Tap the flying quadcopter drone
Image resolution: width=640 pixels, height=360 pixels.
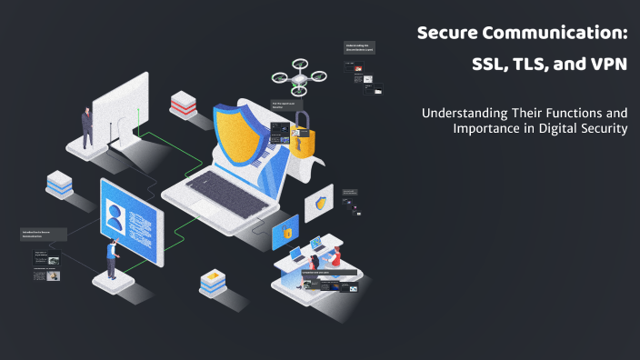tap(300, 77)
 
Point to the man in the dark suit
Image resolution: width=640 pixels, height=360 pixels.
tap(87, 126)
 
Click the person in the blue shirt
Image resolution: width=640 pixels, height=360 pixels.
tap(112, 257)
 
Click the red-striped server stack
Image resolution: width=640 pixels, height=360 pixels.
tap(183, 104)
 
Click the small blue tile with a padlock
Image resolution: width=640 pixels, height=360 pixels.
tap(286, 233)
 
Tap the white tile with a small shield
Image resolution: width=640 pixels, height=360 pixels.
tap(319, 204)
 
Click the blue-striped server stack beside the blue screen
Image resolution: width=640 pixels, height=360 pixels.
tap(60, 183)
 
